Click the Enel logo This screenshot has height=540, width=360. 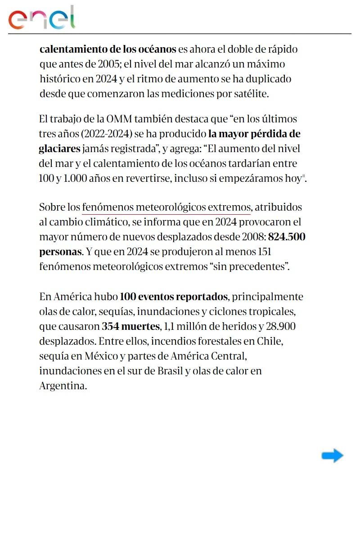42,18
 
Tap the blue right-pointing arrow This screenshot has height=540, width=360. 333,456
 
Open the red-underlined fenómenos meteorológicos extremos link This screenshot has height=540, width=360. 166,207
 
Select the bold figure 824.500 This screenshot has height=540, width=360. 287,237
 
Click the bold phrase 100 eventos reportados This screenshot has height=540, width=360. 174,297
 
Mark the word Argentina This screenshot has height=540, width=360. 63,386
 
